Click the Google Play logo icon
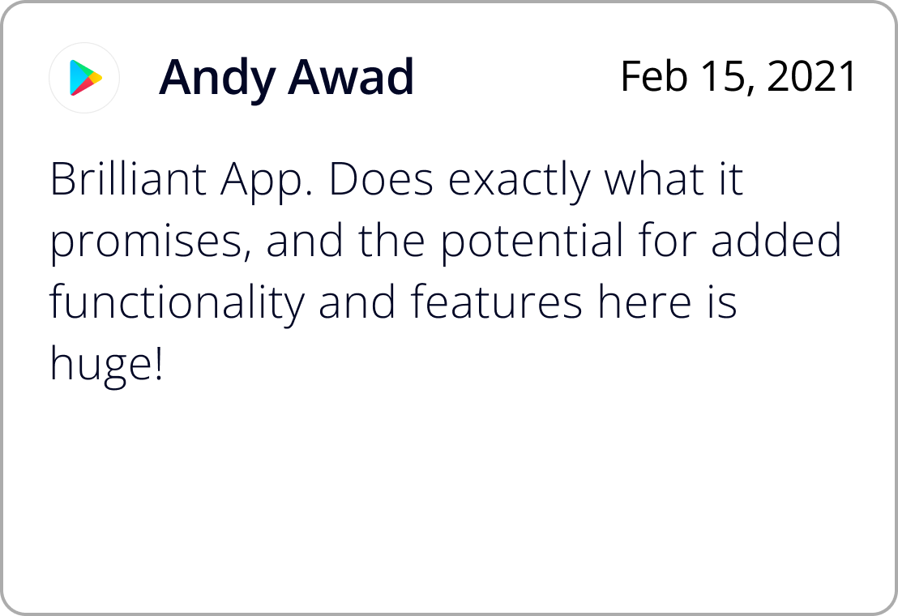pyautogui.click(x=85, y=77)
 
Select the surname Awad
pyautogui.click(x=350, y=76)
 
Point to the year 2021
pyautogui.click(x=811, y=76)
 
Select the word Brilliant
pyautogui.click(x=128, y=178)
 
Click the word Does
pyautogui.click(x=381, y=179)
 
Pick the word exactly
pyautogui.click(x=519, y=182)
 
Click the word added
pyautogui.click(x=776, y=241)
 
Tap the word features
pyautogui.click(x=497, y=302)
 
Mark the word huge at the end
pyautogui.click(x=100, y=366)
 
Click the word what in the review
pyautogui.click(x=653, y=179)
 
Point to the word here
pyautogui.click(x=645, y=302)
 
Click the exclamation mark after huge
pyautogui.click(x=159, y=363)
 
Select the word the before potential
pyautogui.click(x=391, y=241)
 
